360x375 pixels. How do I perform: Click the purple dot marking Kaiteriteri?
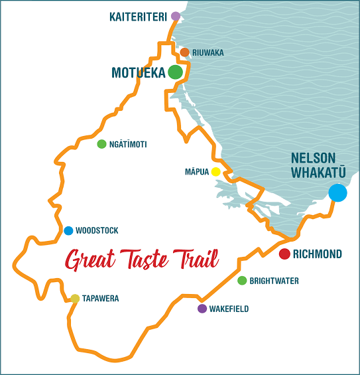(175, 16)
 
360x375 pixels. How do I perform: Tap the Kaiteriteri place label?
(138, 17)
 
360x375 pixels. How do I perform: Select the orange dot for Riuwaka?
(185, 52)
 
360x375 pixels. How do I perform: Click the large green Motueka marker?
(175, 72)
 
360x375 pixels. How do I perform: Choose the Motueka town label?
(139, 72)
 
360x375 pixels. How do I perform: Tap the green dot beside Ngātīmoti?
(101, 144)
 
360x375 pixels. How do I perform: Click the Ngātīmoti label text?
(128, 144)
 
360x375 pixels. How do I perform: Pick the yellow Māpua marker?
(215, 172)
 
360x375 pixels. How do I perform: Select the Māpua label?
(196, 172)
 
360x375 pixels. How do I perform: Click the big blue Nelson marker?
(337, 193)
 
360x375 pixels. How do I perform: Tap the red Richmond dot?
(284, 254)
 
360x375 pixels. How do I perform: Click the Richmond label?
(317, 254)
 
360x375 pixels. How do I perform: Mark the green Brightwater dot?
(242, 281)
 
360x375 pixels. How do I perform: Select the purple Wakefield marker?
(202, 309)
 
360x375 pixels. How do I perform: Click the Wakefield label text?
(229, 309)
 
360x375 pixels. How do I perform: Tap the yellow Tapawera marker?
(75, 299)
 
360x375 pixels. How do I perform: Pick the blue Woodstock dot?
(68, 231)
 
